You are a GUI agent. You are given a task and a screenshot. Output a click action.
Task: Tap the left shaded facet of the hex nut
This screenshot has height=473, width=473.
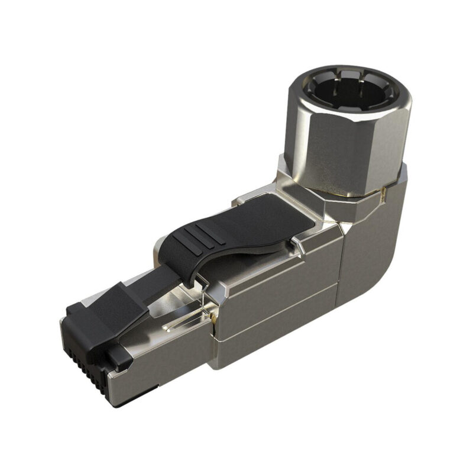point(299,142)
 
